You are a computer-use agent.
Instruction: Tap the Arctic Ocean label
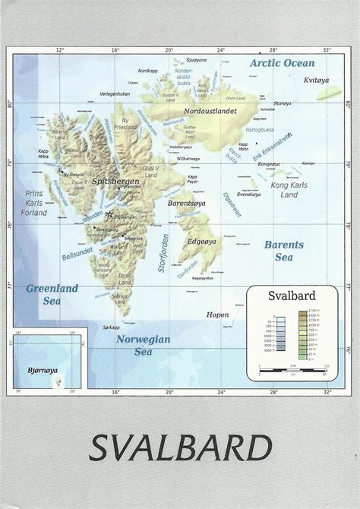click(282, 63)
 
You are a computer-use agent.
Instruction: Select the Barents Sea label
click(283, 251)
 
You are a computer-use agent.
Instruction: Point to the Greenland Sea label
click(52, 294)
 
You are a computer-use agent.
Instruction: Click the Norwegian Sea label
click(143, 346)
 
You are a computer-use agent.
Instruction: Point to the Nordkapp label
click(147, 70)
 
